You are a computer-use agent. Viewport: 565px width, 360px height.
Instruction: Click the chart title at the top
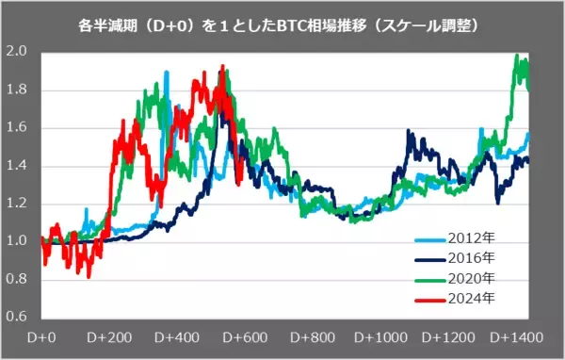tap(282, 21)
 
